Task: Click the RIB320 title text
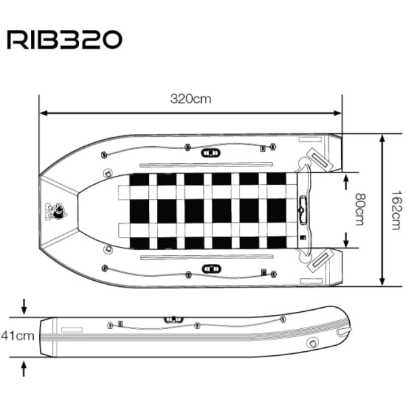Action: [x=64, y=40]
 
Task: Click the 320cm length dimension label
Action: [x=191, y=99]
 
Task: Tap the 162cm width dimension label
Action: [x=397, y=210]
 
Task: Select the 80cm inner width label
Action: [x=360, y=209]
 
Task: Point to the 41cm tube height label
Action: [x=18, y=336]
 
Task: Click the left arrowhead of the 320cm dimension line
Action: [x=43, y=113]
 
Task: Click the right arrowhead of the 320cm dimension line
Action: [x=338, y=113]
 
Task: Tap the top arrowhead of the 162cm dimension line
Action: [x=382, y=138]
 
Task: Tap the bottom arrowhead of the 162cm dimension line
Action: [x=382, y=282]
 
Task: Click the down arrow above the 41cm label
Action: [x=24, y=307]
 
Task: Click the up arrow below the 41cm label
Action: [x=24, y=369]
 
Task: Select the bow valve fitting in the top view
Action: [x=56, y=211]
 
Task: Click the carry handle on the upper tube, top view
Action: [x=210, y=153]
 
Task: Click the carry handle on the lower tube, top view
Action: [x=211, y=269]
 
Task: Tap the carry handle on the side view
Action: [x=173, y=319]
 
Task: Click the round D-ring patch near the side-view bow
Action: [x=311, y=343]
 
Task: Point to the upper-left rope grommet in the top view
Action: [x=104, y=155]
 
